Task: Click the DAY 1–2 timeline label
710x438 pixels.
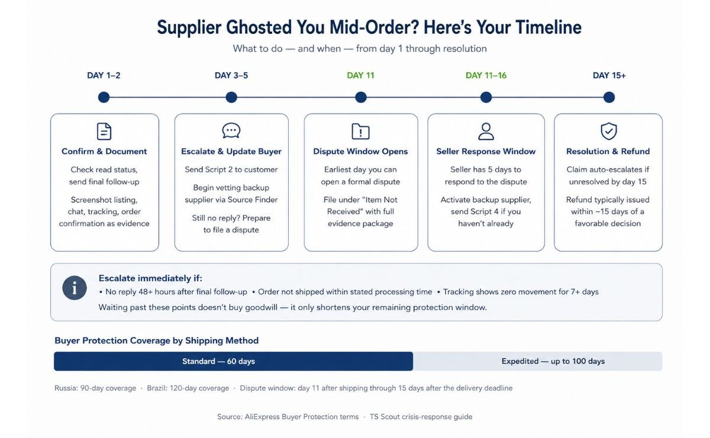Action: [x=104, y=76]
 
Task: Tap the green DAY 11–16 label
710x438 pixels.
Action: [x=486, y=76]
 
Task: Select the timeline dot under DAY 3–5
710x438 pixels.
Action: [x=231, y=97]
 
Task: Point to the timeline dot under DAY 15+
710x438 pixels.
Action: [x=609, y=97]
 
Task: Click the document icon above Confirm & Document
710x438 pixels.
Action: [x=104, y=131]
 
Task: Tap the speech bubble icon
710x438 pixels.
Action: [x=231, y=131]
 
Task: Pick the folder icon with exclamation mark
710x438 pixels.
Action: [x=361, y=131]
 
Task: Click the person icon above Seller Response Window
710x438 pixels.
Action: [x=486, y=131]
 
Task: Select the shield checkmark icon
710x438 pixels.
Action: [x=609, y=131]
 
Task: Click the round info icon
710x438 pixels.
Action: [x=75, y=288]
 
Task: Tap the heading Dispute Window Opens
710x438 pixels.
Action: [x=360, y=152]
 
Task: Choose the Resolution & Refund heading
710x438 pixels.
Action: [x=608, y=152]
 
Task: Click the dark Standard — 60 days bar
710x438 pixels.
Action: [x=233, y=361]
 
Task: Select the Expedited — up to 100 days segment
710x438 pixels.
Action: [x=538, y=361]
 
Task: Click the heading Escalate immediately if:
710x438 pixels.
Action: [x=150, y=278]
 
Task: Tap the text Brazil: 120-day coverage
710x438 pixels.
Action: [x=188, y=388]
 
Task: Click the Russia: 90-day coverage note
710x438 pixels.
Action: [x=95, y=388]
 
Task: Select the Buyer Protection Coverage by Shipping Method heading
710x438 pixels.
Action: [x=157, y=340]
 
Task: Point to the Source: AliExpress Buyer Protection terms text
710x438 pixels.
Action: [x=288, y=417]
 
